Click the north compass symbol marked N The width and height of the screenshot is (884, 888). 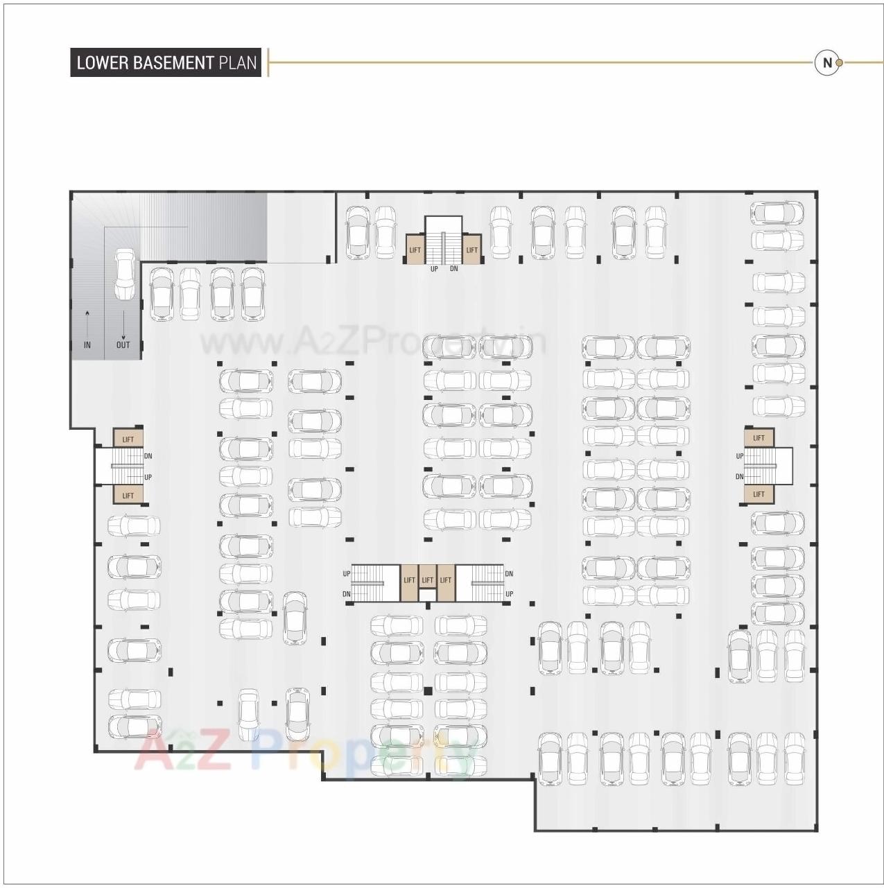click(826, 62)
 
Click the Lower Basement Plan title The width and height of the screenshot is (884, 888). click(166, 62)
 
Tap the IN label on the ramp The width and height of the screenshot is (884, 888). click(87, 345)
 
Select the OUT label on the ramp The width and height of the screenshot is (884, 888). click(123, 345)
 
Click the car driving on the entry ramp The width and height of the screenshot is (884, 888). click(124, 274)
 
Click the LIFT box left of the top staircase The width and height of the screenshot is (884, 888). click(415, 250)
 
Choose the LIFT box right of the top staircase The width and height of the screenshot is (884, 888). click(471, 250)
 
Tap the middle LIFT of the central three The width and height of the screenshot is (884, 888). click(428, 580)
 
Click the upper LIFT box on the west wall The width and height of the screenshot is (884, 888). click(128, 439)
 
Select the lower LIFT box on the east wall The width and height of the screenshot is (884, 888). click(759, 494)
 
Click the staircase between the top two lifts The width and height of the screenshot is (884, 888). click(443, 240)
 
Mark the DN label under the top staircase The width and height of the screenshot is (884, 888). click(453, 268)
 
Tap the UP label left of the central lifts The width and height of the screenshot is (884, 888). click(347, 574)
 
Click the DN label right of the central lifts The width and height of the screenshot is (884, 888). click(509, 574)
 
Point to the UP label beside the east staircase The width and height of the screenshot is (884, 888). click(740, 456)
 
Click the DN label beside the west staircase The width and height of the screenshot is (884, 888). click(148, 456)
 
